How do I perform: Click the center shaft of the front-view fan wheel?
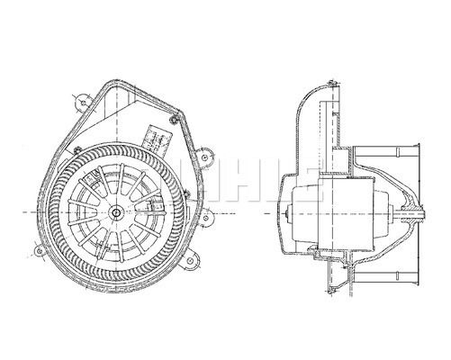[119, 211]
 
